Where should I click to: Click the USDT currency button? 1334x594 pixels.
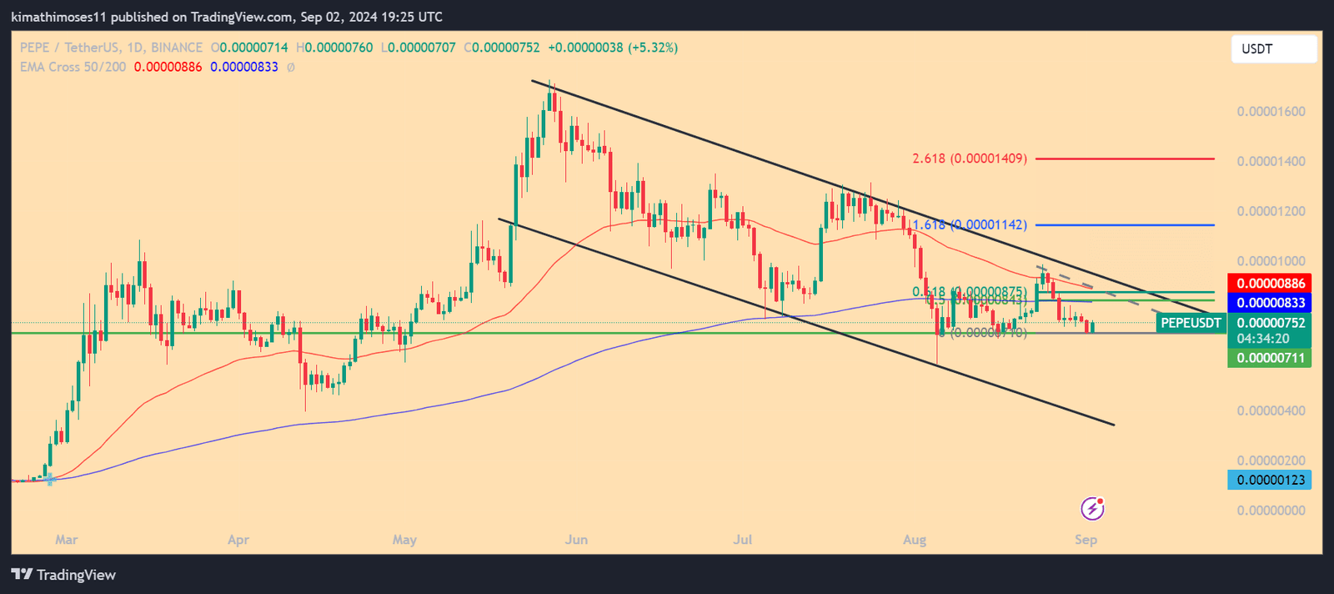[x=1273, y=49]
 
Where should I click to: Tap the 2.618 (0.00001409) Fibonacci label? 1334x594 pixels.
[x=970, y=159]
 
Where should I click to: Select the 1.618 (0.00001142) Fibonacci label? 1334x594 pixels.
[x=970, y=224]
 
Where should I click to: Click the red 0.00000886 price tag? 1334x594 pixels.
[x=1270, y=284]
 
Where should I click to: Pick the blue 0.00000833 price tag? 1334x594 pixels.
[x=1270, y=303]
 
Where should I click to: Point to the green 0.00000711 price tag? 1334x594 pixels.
[x=1270, y=359]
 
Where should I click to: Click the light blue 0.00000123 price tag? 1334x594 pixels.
[x=1270, y=480]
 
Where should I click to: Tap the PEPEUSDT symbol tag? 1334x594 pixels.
[x=1191, y=323]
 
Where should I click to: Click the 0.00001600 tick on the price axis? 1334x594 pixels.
[x=1271, y=112]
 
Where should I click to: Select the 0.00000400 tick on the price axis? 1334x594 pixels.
[x=1271, y=410]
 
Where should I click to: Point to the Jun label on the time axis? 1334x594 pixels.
[x=576, y=540]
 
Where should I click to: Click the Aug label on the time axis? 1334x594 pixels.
[x=915, y=540]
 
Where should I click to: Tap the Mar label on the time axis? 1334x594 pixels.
[x=67, y=540]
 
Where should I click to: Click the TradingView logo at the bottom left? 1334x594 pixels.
[x=63, y=575]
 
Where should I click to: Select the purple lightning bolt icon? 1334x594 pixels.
[x=1092, y=508]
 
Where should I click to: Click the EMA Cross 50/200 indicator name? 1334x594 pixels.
[x=73, y=67]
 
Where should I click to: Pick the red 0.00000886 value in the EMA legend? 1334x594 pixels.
[x=168, y=67]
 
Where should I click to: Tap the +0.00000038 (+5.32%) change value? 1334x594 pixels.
[x=613, y=48]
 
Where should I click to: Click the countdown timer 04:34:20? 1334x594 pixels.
[x=1263, y=339]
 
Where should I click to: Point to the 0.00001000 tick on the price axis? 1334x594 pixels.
[x=1271, y=261]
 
